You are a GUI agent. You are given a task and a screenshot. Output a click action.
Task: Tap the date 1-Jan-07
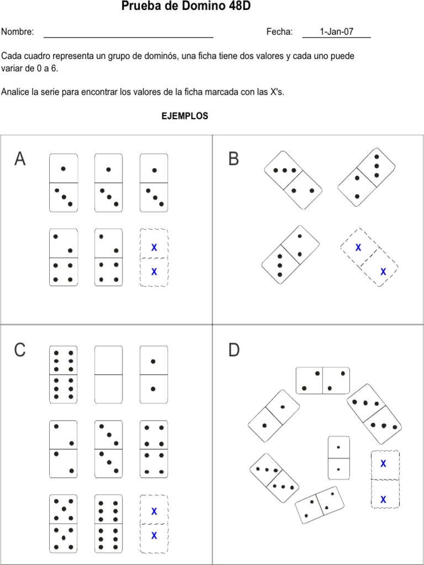coord(337,31)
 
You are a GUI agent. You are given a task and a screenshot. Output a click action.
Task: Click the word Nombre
coord(18,32)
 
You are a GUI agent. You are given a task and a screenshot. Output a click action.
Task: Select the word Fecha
coord(279,32)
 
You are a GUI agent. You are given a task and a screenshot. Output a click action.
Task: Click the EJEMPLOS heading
coord(184,116)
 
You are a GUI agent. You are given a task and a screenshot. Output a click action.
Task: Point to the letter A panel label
coord(20,159)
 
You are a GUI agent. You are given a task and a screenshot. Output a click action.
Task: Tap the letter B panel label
coord(234,159)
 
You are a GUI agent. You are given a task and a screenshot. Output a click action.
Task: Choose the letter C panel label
coord(20,350)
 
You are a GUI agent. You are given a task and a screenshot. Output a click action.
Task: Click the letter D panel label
coord(234,350)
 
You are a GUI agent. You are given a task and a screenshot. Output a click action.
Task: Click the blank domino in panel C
coord(108,375)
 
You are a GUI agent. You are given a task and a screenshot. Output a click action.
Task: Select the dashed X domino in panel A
coord(154,258)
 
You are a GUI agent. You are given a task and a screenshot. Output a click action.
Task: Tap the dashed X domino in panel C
coord(154,524)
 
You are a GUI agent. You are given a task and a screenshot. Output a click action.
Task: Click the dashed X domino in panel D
coord(385,479)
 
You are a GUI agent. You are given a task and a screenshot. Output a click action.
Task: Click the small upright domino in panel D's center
coord(338,457)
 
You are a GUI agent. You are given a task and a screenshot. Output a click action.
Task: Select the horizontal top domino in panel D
coord(322,381)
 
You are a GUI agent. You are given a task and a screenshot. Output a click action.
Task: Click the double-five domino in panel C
coord(63,524)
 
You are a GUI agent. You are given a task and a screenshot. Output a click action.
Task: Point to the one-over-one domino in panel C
coord(153,375)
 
